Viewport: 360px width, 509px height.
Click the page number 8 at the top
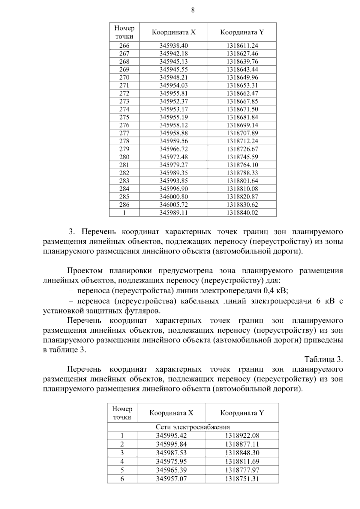pyautogui.click(x=193, y=10)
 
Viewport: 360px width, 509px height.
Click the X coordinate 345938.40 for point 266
pyautogui.click(x=173, y=46)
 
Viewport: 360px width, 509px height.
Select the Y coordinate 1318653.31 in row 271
pyautogui.click(x=242, y=85)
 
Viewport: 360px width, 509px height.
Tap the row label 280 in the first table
pyautogui.click(x=124, y=157)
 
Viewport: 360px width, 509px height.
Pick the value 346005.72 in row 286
pyautogui.click(x=173, y=205)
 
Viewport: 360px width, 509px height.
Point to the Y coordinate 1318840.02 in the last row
pyautogui.click(x=242, y=213)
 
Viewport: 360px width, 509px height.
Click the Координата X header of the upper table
pyautogui.click(x=173, y=32)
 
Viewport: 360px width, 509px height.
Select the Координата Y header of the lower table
pyautogui.click(x=242, y=413)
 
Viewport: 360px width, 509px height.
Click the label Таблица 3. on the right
pyautogui.click(x=323, y=359)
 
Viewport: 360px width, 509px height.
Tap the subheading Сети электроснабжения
pyautogui.click(x=193, y=427)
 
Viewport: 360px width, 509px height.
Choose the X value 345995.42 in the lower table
pyautogui.click(x=171, y=436)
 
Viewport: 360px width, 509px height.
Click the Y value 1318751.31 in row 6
pyautogui.click(x=242, y=479)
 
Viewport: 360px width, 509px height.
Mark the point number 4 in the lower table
pyautogui.click(x=122, y=461)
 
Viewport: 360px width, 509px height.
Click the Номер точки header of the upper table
pyautogui.click(x=124, y=32)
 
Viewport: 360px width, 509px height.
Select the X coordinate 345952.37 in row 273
pyautogui.click(x=173, y=101)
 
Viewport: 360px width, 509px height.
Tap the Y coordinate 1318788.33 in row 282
pyautogui.click(x=242, y=173)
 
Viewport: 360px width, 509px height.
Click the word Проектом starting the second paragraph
pyautogui.click(x=85, y=271)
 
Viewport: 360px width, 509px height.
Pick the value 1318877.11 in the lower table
pyautogui.click(x=242, y=444)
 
